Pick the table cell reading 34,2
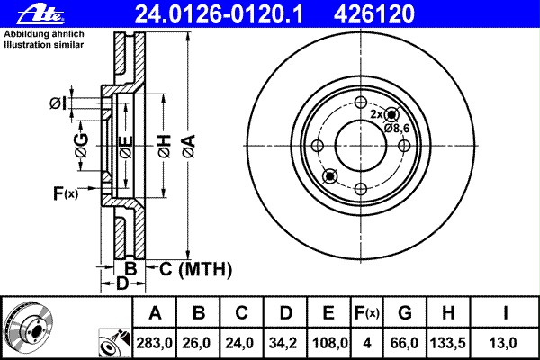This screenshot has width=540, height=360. coord(284,342)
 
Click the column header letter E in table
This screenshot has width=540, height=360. coord(328,313)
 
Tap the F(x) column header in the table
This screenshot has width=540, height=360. coord(366,313)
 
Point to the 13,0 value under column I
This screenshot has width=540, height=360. coord(507,342)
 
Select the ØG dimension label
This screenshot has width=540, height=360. coord(80,150)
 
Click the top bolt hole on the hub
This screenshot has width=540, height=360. coord(360,102)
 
